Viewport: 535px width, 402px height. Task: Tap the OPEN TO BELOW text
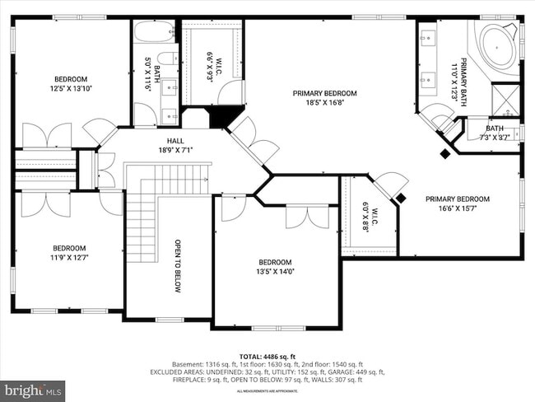[x=177, y=266]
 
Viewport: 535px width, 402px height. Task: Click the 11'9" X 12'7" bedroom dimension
[x=69, y=256]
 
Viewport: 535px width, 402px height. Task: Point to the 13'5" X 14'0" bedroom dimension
[x=275, y=271]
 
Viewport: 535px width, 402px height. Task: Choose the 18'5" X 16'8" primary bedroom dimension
[x=324, y=103]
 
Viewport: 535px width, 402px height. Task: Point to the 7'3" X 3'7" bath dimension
[x=494, y=137]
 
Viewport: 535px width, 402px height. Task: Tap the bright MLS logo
[x=33, y=388]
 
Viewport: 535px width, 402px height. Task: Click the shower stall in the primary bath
[x=505, y=99]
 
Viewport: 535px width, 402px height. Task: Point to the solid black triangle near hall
[x=220, y=117]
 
